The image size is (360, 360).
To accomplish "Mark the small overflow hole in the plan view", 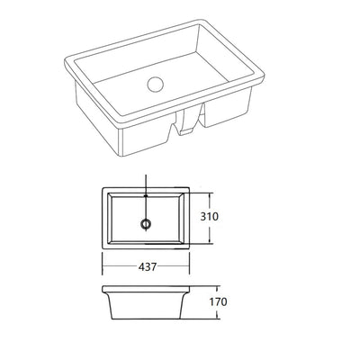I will [145, 195].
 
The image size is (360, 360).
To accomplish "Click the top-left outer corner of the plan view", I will [102, 190].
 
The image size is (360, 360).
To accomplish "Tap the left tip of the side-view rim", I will [102, 289].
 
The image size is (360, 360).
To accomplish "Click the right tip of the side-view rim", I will [192, 289].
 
